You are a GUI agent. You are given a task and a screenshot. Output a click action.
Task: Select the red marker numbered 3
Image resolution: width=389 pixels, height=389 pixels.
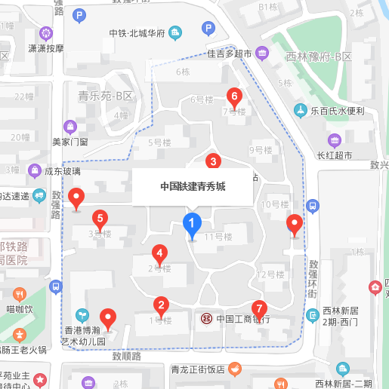[x=214, y=161]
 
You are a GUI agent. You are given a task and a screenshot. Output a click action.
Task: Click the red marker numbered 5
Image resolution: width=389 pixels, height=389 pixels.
[x=99, y=219]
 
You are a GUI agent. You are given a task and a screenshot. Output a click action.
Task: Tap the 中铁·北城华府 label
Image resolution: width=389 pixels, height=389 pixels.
[x=137, y=32]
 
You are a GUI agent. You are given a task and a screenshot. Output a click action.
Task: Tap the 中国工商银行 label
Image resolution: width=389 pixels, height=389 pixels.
[x=242, y=319]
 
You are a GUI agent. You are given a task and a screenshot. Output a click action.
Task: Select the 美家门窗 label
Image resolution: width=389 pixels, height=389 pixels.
[x=70, y=141]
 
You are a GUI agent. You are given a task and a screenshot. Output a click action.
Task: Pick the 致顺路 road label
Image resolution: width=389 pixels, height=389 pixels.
[x=126, y=356]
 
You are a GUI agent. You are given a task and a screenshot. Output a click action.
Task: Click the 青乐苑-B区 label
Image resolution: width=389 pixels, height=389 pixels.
[x=105, y=96]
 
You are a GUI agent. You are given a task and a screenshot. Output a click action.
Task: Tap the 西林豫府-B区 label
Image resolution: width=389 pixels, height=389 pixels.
[x=319, y=57]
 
